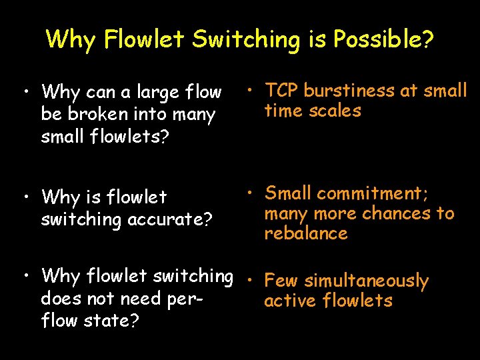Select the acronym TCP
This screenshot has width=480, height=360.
pyautogui.click(x=281, y=91)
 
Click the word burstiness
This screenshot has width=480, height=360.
pyautogui.click(x=349, y=91)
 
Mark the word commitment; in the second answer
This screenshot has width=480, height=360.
pyautogui.click(x=373, y=193)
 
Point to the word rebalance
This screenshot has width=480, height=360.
pyautogui.click(x=306, y=233)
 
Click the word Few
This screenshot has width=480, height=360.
pyautogui.click(x=281, y=281)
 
